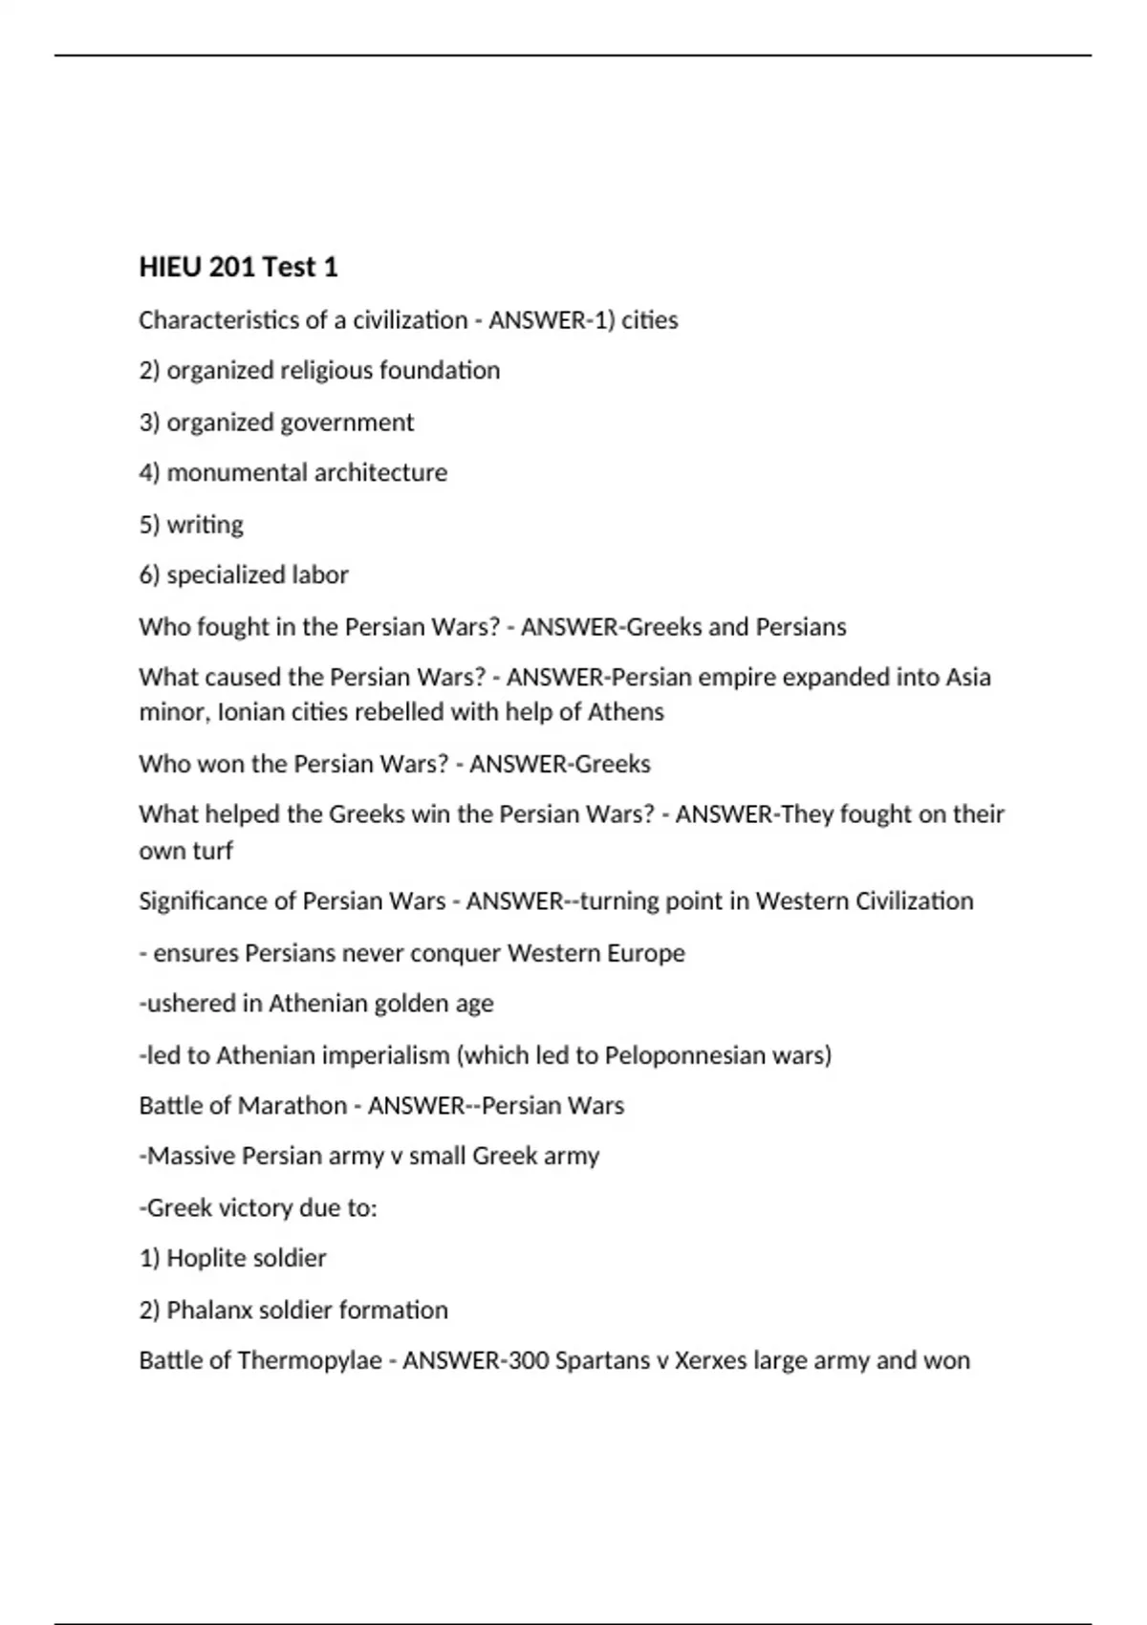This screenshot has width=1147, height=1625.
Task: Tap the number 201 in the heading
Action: (230, 267)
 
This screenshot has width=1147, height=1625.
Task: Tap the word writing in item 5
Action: (205, 525)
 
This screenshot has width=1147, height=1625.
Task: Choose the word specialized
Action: (227, 575)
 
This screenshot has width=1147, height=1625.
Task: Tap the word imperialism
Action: (385, 1055)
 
